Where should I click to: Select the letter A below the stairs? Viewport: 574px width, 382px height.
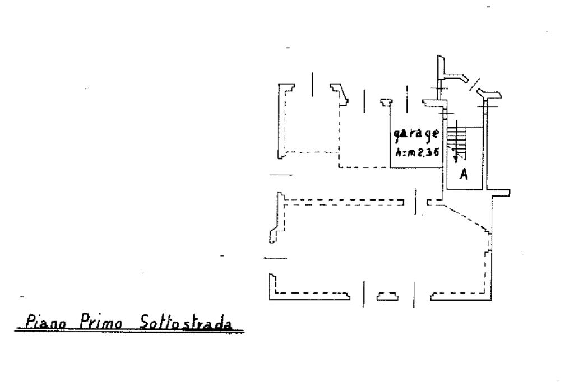464,174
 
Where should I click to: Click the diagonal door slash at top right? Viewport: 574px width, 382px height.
475,85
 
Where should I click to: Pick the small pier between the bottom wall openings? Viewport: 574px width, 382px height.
388,295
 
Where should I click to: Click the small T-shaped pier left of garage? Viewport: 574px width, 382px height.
385,102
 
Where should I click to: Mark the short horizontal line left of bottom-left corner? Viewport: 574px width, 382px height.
275,259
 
